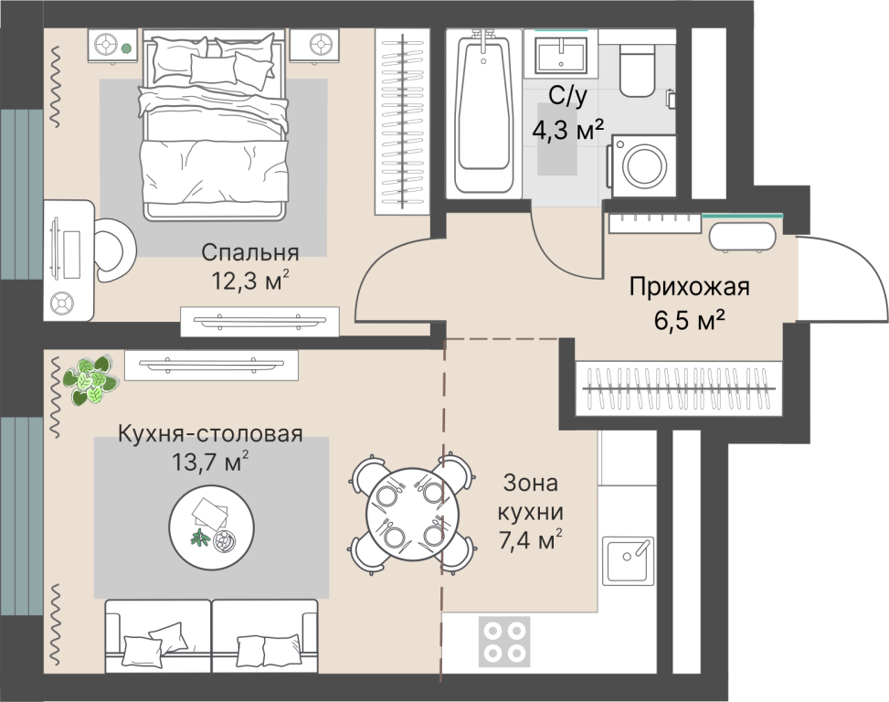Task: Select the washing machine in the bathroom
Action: pyautogui.click(x=643, y=165)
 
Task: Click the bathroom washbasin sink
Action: pyautogui.click(x=561, y=55)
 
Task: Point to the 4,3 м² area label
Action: pyautogui.click(x=568, y=132)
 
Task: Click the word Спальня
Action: pyautogui.click(x=250, y=252)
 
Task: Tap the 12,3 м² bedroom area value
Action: pyautogui.click(x=250, y=280)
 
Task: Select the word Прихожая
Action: pyautogui.click(x=690, y=286)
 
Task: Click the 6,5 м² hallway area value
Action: pyautogui.click(x=690, y=321)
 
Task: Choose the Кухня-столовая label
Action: pyautogui.click(x=210, y=434)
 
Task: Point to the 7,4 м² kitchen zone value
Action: pyautogui.click(x=530, y=540)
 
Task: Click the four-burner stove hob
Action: pyautogui.click(x=504, y=642)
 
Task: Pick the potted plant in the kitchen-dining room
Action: pyautogui.click(x=90, y=380)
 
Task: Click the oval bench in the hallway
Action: pyautogui.click(x=742, y=236)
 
